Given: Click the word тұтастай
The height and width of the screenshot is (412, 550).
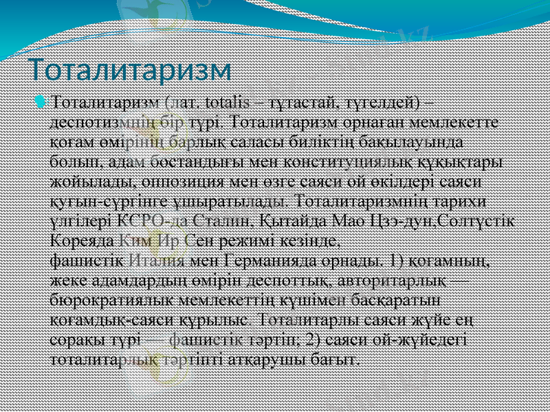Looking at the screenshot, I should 298,103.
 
